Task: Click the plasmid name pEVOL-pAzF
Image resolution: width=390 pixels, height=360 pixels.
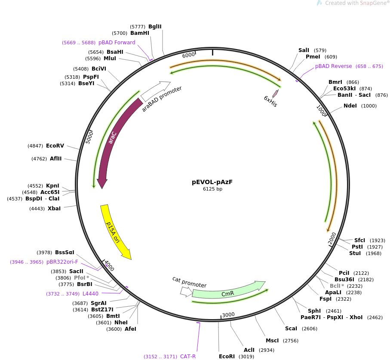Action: [x=212, y=182]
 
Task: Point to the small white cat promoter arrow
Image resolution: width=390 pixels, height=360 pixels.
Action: [x=186, y=292]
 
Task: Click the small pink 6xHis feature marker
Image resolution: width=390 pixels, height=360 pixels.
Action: [x=275, y=93]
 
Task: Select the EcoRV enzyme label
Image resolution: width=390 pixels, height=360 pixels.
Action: [x=55, y=146]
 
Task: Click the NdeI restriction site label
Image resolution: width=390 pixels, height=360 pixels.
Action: [x=350, y=106]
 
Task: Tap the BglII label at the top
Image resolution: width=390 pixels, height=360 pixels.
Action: [x=155, y=27]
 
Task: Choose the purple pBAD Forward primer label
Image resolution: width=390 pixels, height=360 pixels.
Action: [x=117, y=43]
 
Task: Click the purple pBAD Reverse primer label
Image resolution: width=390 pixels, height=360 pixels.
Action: [x=333, y=66]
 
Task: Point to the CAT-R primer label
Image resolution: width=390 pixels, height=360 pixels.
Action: [x=188, y=356]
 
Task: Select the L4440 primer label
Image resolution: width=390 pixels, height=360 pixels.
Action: [x=90, y=294]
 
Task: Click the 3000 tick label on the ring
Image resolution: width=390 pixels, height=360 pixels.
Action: [x=228, y=315]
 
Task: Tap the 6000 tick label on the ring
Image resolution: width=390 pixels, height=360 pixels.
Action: [x=188, y=55]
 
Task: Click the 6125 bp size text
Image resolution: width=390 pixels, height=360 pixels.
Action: [x=212, y=189]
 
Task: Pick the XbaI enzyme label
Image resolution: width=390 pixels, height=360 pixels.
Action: [x=54, y=209]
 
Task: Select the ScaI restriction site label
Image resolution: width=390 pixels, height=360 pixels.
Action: [x=291, y=329]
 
